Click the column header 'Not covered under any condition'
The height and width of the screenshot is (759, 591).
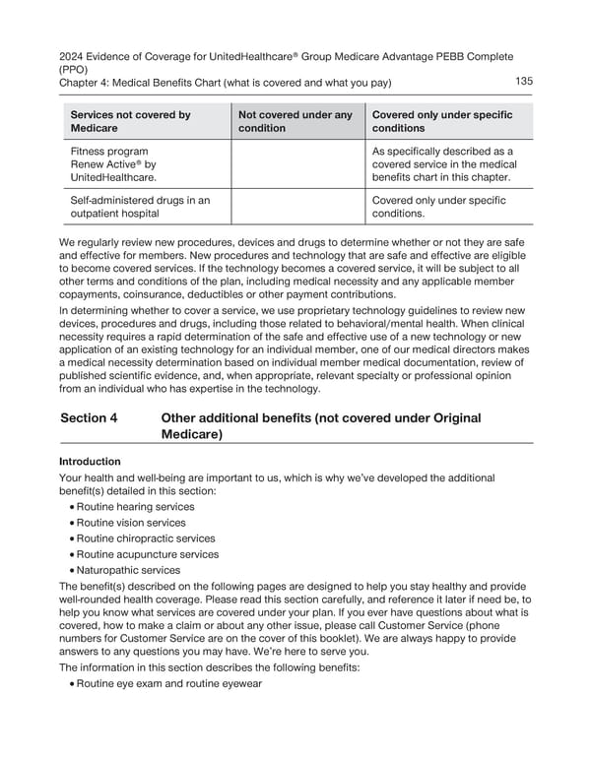(x=295, y=122)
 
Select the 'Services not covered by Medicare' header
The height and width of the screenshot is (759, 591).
(x=130, y=122)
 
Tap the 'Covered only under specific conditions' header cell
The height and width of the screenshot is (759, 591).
(x=442, y=122)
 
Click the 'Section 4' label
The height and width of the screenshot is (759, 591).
(x=89, y=418)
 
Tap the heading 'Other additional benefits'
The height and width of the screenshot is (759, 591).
(x=320, y=426)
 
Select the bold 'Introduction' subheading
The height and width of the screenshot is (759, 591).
(x=91, y=461)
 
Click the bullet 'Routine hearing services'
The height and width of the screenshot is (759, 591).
(x=129, y=507)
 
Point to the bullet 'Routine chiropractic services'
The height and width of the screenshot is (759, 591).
(x=141, y=538)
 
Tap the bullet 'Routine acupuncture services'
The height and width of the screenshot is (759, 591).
(x=143, y=554)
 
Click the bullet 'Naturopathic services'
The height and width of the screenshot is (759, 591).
(x=123, y=570)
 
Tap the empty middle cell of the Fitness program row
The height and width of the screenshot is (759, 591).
(x=296, y=164)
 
